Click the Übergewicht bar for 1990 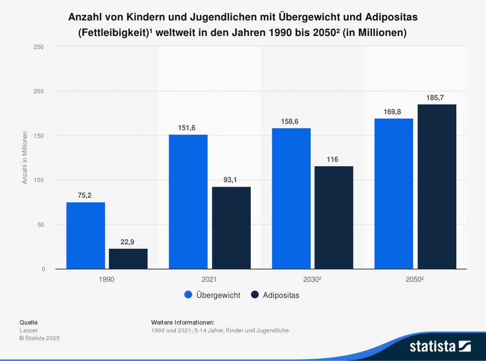[86, 236]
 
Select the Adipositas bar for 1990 [128, 259]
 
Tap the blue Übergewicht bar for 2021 [188, 202]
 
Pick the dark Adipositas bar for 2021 [231, 228]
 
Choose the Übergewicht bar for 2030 [291, 199]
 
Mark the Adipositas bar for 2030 [334, 218]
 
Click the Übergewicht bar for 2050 [394, 194]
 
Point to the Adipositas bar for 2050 [437, 187]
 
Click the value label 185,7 [435, 98]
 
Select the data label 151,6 [187, 128]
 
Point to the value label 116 [332, 159]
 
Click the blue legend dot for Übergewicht [189, 295]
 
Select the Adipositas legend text [281, 295]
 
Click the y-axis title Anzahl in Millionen [25, 158]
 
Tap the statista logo [440, 346]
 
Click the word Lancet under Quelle [29, 330]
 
